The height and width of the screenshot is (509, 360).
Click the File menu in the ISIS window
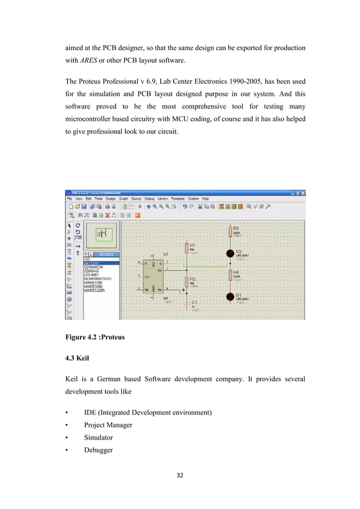(70, 199)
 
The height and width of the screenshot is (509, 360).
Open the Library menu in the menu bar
(163, 199)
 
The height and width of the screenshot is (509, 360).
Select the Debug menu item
(150, 199)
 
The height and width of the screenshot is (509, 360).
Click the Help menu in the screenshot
(205, 199)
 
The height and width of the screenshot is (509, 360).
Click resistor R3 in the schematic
(230, 231)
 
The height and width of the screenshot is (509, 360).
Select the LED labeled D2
(230, 253)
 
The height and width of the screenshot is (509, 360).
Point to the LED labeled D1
(230, 296)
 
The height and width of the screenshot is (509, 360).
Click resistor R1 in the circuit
(186, 248)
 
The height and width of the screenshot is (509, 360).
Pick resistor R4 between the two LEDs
(230, 275)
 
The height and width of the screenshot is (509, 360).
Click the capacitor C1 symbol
(186, 304)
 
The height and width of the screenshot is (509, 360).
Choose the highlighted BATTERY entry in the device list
(93, 263)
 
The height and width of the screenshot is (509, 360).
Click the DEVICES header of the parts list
(106, 254)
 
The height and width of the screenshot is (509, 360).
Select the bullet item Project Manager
(108, 425)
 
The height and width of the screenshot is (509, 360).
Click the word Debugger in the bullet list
(98, 450)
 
